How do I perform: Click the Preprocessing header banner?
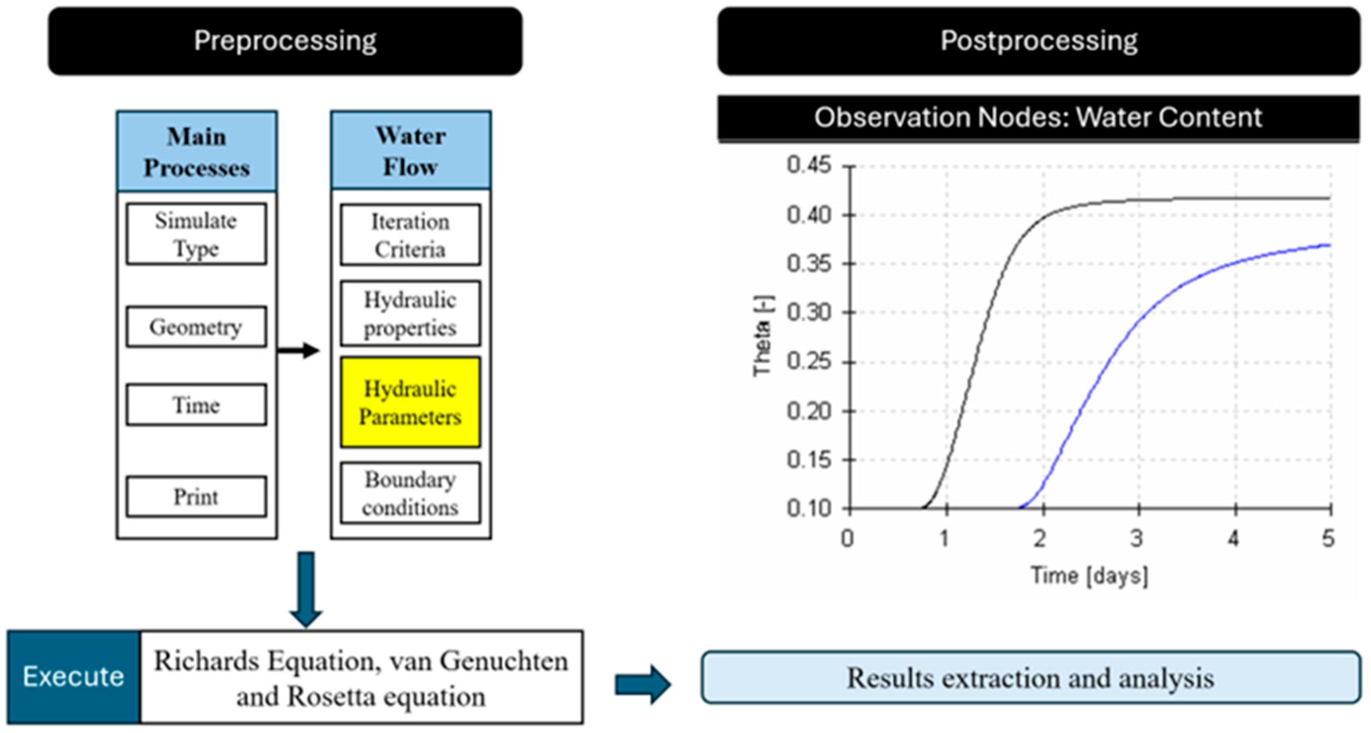285,41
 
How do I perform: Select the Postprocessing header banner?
1038,41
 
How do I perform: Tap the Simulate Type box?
197,234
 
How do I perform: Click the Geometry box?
197,327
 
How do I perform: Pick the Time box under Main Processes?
197,404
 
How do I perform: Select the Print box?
197,497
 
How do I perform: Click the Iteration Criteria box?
410,235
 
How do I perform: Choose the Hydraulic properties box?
410,313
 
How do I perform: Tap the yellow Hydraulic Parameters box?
410,402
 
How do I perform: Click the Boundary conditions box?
410,493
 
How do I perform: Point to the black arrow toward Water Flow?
299,350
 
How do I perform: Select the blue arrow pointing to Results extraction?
642,684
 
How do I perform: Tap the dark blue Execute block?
73,677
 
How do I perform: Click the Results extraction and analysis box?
1030,678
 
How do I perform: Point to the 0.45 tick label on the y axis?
808,165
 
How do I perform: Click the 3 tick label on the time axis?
1137,539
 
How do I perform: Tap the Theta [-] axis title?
762,336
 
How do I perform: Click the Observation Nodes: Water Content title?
1038,118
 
